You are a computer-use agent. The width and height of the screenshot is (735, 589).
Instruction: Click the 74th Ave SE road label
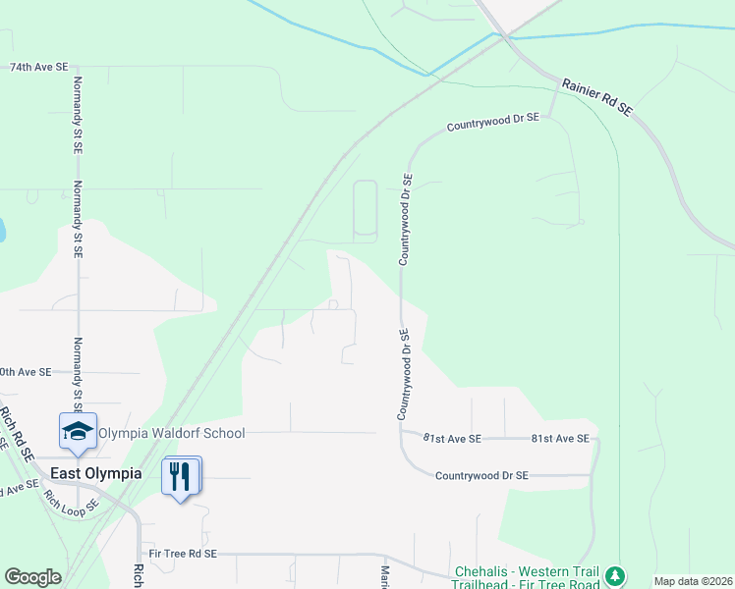coord(39,67)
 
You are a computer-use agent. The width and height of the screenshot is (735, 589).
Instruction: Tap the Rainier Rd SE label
coord(596,98)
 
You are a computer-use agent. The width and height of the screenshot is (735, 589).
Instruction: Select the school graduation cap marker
coord(79,430)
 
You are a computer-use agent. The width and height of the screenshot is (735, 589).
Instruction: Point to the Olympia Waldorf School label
coord(171,433)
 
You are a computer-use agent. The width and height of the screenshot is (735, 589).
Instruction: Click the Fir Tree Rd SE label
coord(191,554)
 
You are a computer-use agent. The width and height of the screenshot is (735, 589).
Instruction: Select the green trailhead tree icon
coord(615,575)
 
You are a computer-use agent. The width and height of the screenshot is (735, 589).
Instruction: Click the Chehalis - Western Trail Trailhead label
coord(529,578)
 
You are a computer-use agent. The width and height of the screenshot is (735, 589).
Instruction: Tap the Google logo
coord(32,577)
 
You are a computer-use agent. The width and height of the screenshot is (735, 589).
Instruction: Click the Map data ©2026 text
coord(693,581)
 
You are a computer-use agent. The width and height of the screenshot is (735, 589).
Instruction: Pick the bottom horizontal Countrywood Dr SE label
coord(481,475)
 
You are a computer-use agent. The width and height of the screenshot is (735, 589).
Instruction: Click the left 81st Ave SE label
coord(453,439)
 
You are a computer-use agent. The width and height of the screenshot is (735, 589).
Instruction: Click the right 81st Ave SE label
coord(560,439)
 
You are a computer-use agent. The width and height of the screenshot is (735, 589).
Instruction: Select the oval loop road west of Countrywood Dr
coord(365,209)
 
